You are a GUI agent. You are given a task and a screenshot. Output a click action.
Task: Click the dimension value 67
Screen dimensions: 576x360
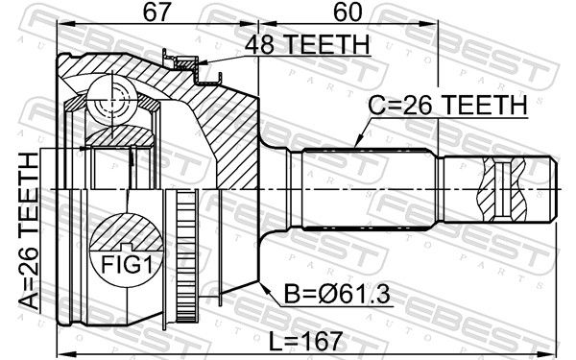[x=157, y=12]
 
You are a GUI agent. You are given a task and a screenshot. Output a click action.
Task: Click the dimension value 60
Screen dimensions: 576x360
[x=348, y=12]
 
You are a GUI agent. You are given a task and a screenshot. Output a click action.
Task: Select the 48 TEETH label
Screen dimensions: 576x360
[x=307, y=44]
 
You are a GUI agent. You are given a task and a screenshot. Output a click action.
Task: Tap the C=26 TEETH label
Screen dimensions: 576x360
[x=447, y=105]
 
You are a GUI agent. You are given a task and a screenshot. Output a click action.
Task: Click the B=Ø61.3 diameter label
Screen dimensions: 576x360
[x=337, y=295]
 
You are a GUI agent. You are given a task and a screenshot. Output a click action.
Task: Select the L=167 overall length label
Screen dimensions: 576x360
[x=305, y=341]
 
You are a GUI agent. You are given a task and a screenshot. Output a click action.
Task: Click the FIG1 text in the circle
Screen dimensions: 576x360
[x=126, y=265]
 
